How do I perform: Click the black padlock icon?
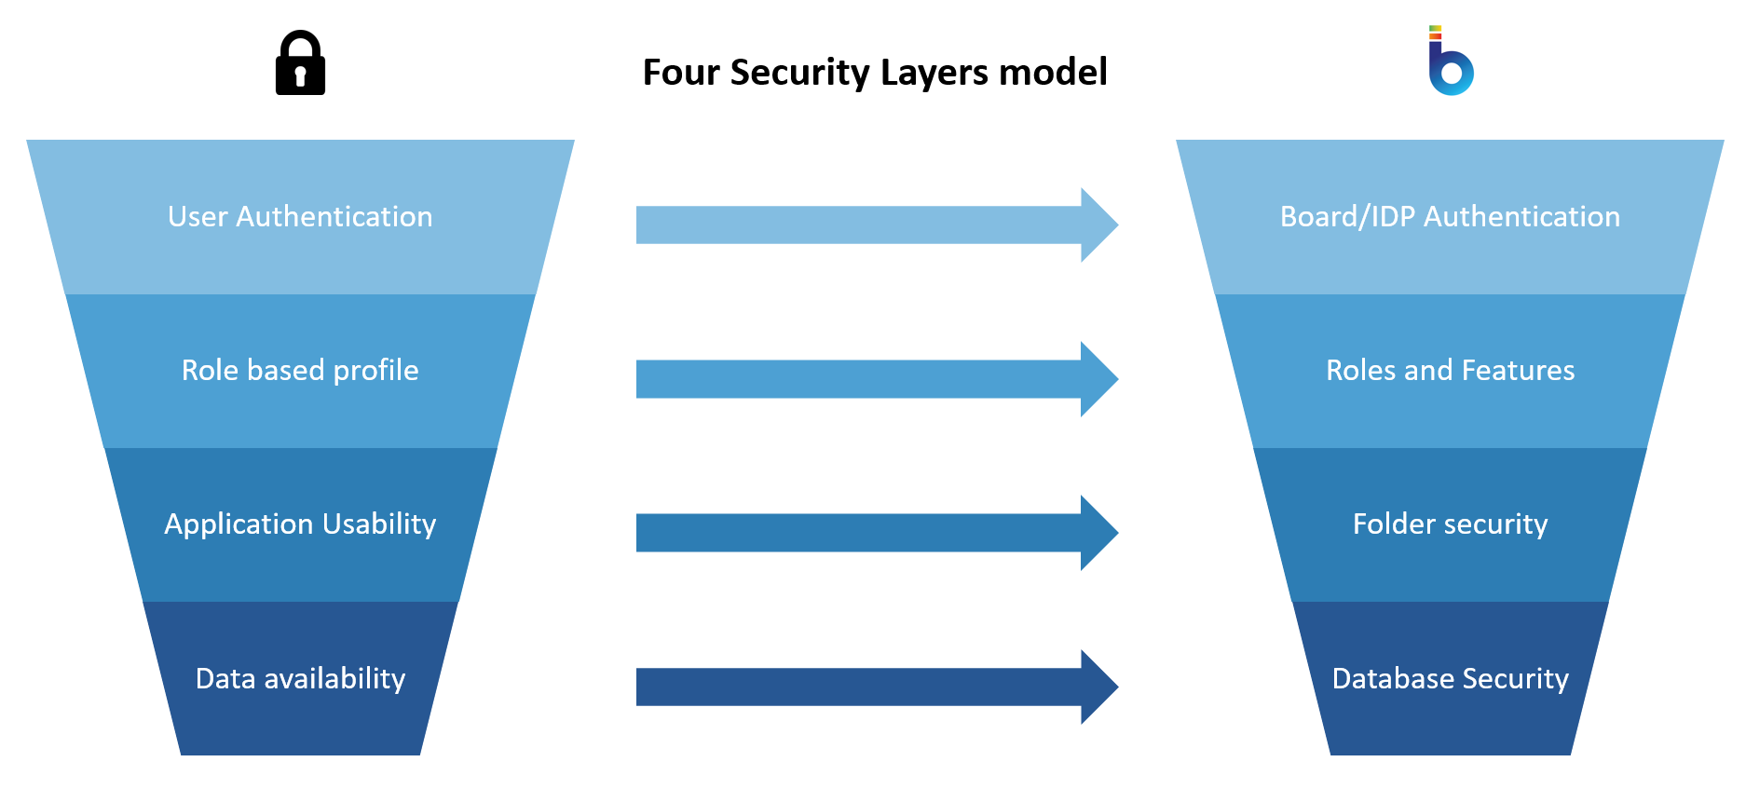pyautogui.click(x=300, y=63)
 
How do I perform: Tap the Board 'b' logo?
pyautogui.click(x=1450, y=63)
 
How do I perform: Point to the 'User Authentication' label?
pyautogui.click(x=300, y=217)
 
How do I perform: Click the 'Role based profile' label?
pyautogui.click(x=300, y=371)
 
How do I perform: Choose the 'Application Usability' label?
pyautogui.click(x=300, y=524)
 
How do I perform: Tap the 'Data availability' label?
pyautogui.click(x=300, y=679)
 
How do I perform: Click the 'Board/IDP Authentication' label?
pyautogui.click(x=1450, y=217)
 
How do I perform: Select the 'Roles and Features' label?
pyautogui.click(x=1450, y=371)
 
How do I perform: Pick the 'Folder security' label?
pyautogui.click(x=1450, y=524)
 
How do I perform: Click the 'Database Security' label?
pyautogui.click(x=1450, y=679)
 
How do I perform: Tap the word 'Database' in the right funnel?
pyautogui.click(x=1388, y=679)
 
